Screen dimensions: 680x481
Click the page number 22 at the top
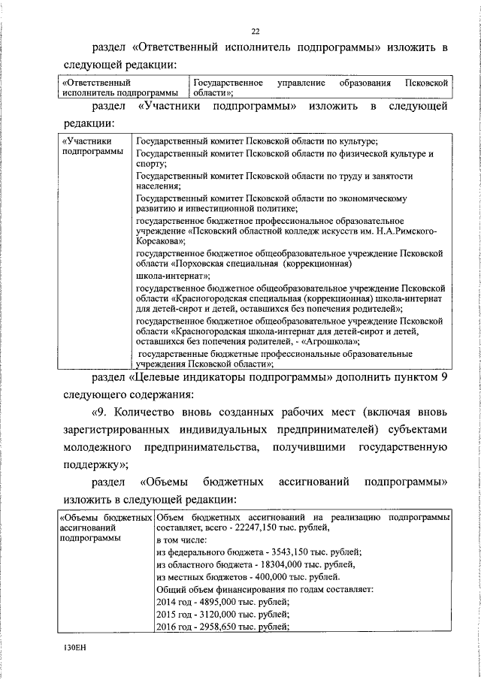[x=255, y=31]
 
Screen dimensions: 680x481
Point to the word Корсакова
[x=159, y=243]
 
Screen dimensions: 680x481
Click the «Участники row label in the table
[x=87, y=141]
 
